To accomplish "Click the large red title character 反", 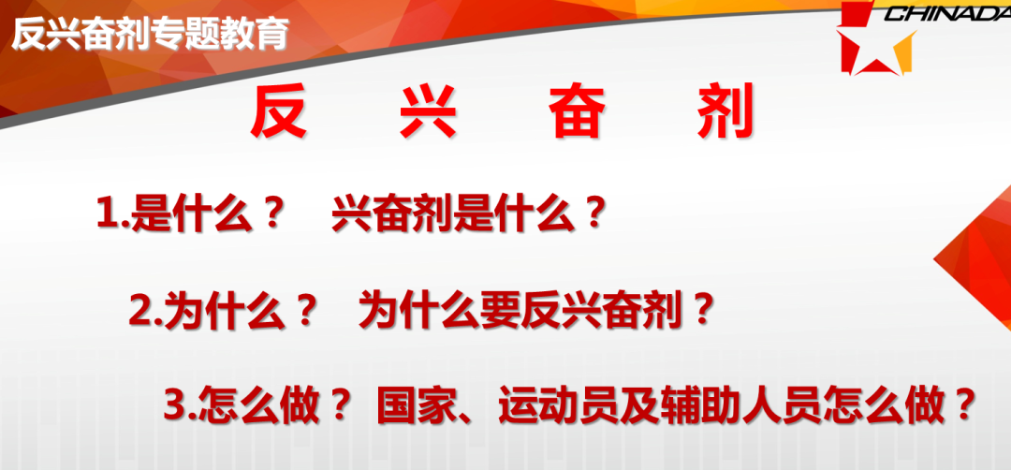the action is click(279, 112).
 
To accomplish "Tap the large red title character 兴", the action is click(428, 112).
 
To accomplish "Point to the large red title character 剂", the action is click(725, 112).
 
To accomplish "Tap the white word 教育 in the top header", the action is click(260, 34).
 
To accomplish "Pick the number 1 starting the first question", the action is click(105, 214).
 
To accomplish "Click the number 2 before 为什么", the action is click(139, 312).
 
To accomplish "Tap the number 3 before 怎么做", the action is click(175, 406).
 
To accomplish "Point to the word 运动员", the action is click(547, 406).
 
